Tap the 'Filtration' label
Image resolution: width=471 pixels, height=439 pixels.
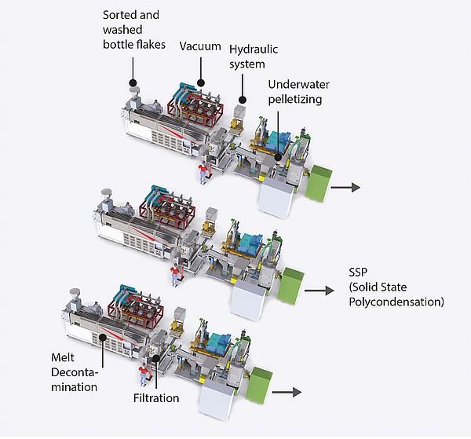(156, 398)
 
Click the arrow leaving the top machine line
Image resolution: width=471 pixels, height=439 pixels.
(345, 187)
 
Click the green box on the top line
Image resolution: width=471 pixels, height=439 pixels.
(319, 181)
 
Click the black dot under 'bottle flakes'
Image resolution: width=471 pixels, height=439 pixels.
(133, 82)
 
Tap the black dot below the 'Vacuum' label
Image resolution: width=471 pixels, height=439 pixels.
(201, 81)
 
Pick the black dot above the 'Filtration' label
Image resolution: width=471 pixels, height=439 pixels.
(156, 359)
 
